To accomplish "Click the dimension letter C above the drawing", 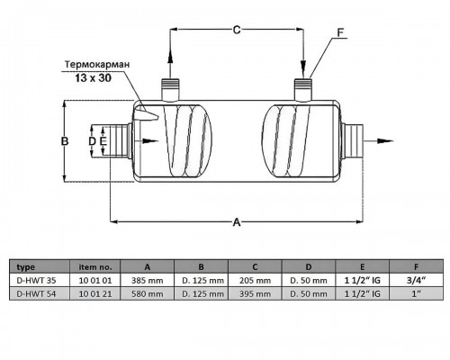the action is (x=237, y=30).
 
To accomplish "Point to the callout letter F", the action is (x=340, y=32).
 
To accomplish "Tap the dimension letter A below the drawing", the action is (x=237, y=222).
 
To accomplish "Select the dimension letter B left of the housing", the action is (x=65, y=141).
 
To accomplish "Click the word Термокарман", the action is (x=97, y=65).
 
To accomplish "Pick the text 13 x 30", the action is (x=93, y=78).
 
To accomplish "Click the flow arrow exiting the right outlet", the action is (x=378, y=141).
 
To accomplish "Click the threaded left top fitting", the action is (x=170, y=89).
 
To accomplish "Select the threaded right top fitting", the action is (x=303, y=89).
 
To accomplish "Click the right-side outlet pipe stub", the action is (x=352, y=141).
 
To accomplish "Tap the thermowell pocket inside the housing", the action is (x=146, y=114).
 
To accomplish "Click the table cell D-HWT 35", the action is (x=36, y=281).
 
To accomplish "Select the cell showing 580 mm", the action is (x=148, y=293).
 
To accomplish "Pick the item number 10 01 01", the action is (x=95, y=281).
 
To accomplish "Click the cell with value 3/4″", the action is (x=416, y=281).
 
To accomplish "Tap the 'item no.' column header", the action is (x=95, y=266).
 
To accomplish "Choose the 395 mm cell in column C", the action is (x=255, y=293).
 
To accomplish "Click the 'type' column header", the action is (x=26, y=267).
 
